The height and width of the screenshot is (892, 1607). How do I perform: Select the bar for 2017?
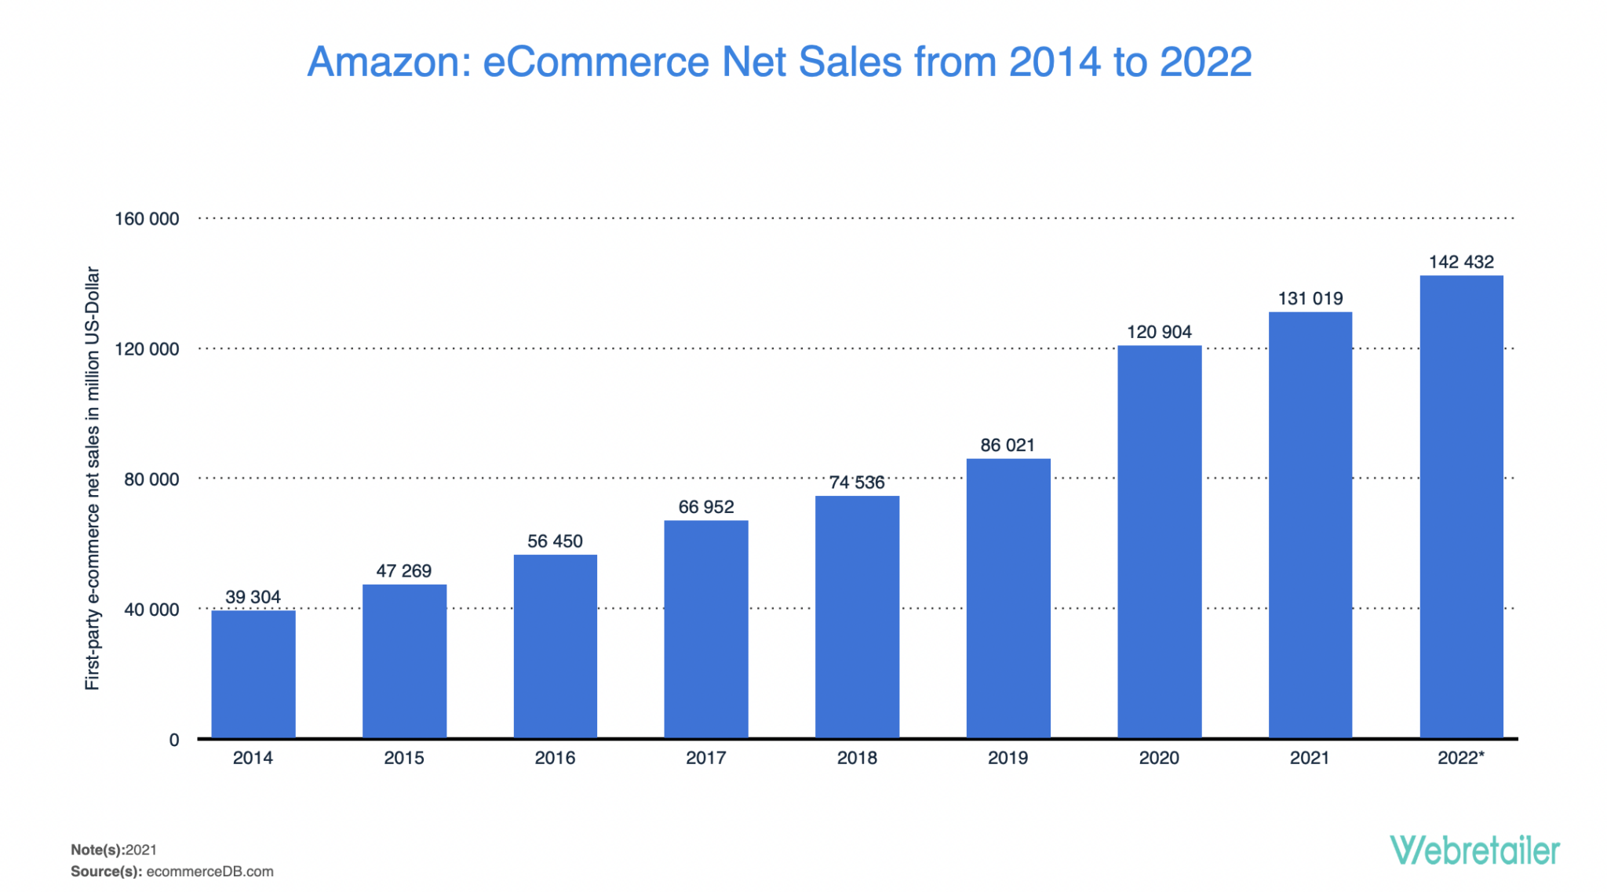coord(706,628)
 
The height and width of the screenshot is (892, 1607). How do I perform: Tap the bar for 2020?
coord(1159,541)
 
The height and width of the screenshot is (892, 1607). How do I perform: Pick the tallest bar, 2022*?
coord(1461,506)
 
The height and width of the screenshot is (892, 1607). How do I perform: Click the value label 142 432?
coord(1461,262)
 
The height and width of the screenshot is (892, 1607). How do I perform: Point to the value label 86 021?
coord(1008,446)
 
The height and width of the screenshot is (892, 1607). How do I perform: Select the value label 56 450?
coord(555,541)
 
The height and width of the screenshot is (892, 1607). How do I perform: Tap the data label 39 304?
coord(253,597)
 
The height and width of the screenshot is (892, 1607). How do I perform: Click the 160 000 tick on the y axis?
coord(147,219)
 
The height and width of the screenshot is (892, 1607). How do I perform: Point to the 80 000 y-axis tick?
coord(151,479)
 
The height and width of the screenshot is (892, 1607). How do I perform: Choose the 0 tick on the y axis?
coord(174,740)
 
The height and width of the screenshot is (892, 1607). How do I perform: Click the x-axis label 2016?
coord(555,758)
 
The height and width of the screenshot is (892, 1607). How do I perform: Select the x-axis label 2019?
coord(1008,758)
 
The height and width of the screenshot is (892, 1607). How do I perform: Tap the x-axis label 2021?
coord(1310,758)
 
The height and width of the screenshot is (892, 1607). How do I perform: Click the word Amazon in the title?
coord(388,62)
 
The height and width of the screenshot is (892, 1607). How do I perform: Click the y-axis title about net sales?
coord(93,479)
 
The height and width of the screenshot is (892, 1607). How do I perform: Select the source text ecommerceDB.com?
coord(210,872)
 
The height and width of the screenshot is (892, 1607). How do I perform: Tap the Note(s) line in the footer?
coord(114,850)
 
